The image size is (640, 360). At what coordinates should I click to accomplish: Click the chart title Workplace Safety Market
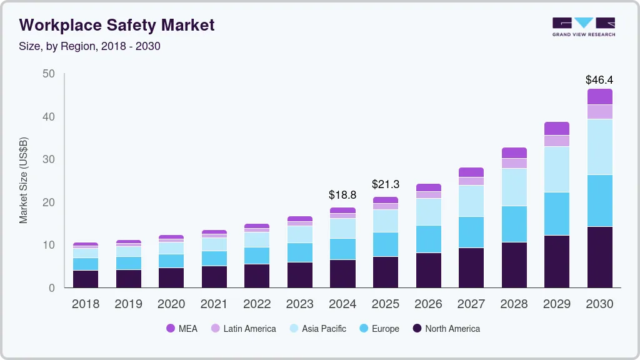(117, 25)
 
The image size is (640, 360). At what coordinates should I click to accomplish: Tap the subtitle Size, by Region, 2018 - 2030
(90, 46)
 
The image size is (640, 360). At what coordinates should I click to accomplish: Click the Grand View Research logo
(583, 27)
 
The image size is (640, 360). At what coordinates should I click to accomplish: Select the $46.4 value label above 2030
(599, 80)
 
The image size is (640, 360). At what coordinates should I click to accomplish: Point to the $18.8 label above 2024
(342, 195)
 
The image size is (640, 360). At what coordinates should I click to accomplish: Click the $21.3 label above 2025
(385, 184)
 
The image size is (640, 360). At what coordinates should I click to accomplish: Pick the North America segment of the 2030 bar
(599, 257)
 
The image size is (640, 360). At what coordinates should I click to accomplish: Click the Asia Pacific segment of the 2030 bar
(599, 147)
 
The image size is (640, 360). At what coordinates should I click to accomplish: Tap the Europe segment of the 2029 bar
(556, 214)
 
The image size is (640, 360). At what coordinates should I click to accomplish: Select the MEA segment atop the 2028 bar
(514, 152)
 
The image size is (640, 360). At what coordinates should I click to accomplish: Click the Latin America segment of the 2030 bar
(599, 112)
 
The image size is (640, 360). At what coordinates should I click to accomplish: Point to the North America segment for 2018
(86, 279)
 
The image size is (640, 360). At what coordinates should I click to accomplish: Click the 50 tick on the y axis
(49, 74)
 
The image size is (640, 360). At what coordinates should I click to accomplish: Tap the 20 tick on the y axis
(49, 202)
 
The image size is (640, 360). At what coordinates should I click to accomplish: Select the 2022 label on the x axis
(257, 304)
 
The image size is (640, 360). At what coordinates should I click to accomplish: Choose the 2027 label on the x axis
(471, 304)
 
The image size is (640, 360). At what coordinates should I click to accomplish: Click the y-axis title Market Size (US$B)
(24, 181)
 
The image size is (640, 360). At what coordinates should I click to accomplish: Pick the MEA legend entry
(182, 329)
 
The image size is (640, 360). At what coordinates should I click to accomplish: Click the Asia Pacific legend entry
(317, 329)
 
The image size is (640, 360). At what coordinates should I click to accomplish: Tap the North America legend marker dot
(417, 329)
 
